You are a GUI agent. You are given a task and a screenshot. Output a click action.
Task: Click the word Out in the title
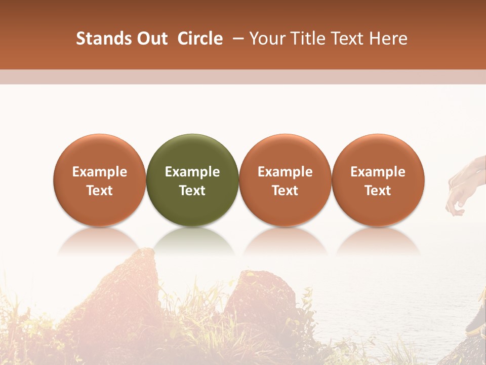click(151, 39)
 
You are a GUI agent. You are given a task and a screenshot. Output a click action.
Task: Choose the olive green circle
click(192, 180)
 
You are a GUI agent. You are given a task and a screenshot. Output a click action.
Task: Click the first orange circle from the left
click(100, 180)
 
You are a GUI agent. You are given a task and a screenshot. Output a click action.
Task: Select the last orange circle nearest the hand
click(378, 180)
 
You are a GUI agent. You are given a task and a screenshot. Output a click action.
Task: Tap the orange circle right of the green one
click(285, 180)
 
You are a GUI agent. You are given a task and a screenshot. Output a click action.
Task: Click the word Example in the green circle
click(192, 172)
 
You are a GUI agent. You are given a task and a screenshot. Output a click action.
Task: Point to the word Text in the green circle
click(192, 191)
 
